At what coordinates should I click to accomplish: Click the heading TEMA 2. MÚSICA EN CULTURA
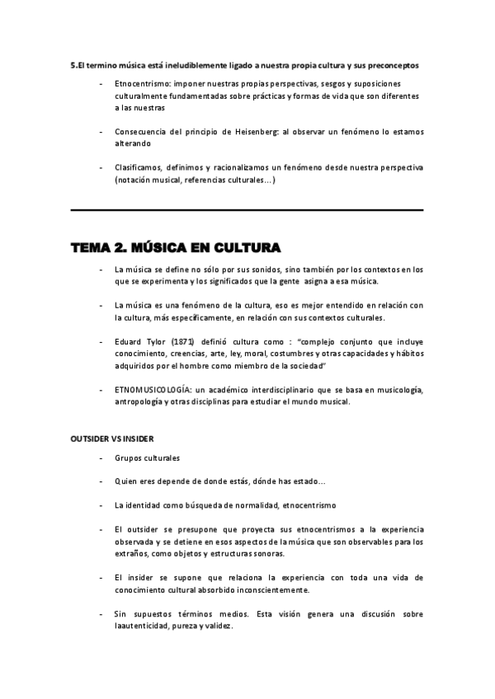click(x=175, y=247)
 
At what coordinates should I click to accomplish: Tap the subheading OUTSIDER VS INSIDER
click(x=111, y=438)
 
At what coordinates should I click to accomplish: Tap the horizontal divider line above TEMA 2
click(x=247, y=210)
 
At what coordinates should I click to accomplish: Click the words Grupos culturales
click(x=148, y=458)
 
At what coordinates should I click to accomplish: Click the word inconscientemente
click(x=270, y=589)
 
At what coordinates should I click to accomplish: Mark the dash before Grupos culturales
click(x=101, y=458)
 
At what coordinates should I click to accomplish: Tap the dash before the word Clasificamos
click(x=101, y=167)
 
